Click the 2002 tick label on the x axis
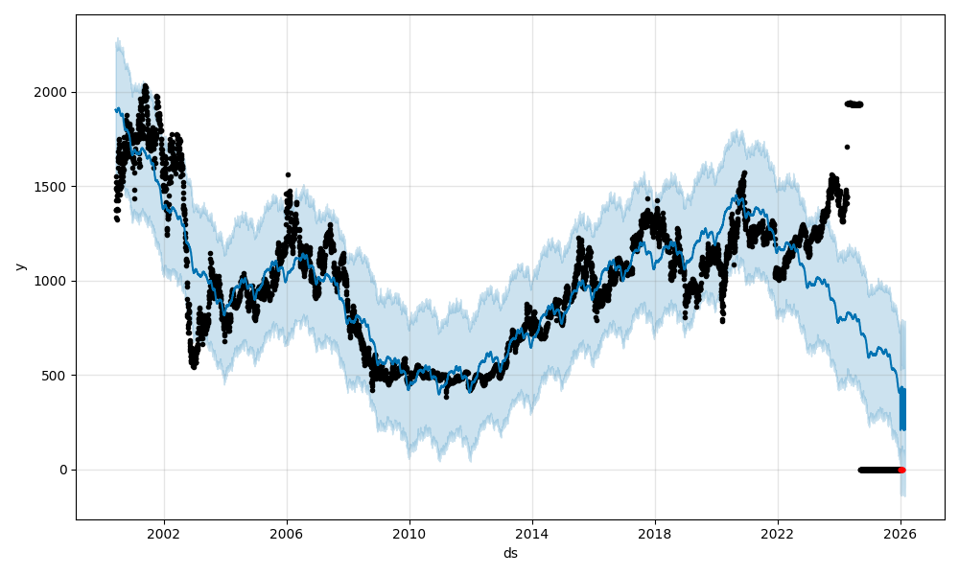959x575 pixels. tap(164, 535)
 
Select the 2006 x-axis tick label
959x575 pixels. tap(287, 535)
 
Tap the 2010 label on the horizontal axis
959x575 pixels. tap(409, 535)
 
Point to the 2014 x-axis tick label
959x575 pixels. tap(532, 535)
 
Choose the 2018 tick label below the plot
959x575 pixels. tap(655, 535)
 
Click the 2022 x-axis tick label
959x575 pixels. tap(778, 535)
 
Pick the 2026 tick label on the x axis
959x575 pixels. tap(901, 535)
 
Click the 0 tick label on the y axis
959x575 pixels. tap(64, 470)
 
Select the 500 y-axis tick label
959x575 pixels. tap(58, 376)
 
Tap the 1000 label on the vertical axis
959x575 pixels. tap(54, 281)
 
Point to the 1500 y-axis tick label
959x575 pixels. tap(54, 187)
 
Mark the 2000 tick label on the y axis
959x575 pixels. tap(54, 93)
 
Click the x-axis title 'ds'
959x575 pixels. tap(510, 554)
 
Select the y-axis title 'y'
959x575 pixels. tap(20, 266)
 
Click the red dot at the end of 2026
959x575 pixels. tap(901, 470)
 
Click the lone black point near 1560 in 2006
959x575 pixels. tap(288, 174)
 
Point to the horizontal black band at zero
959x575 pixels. tap(877, 470)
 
